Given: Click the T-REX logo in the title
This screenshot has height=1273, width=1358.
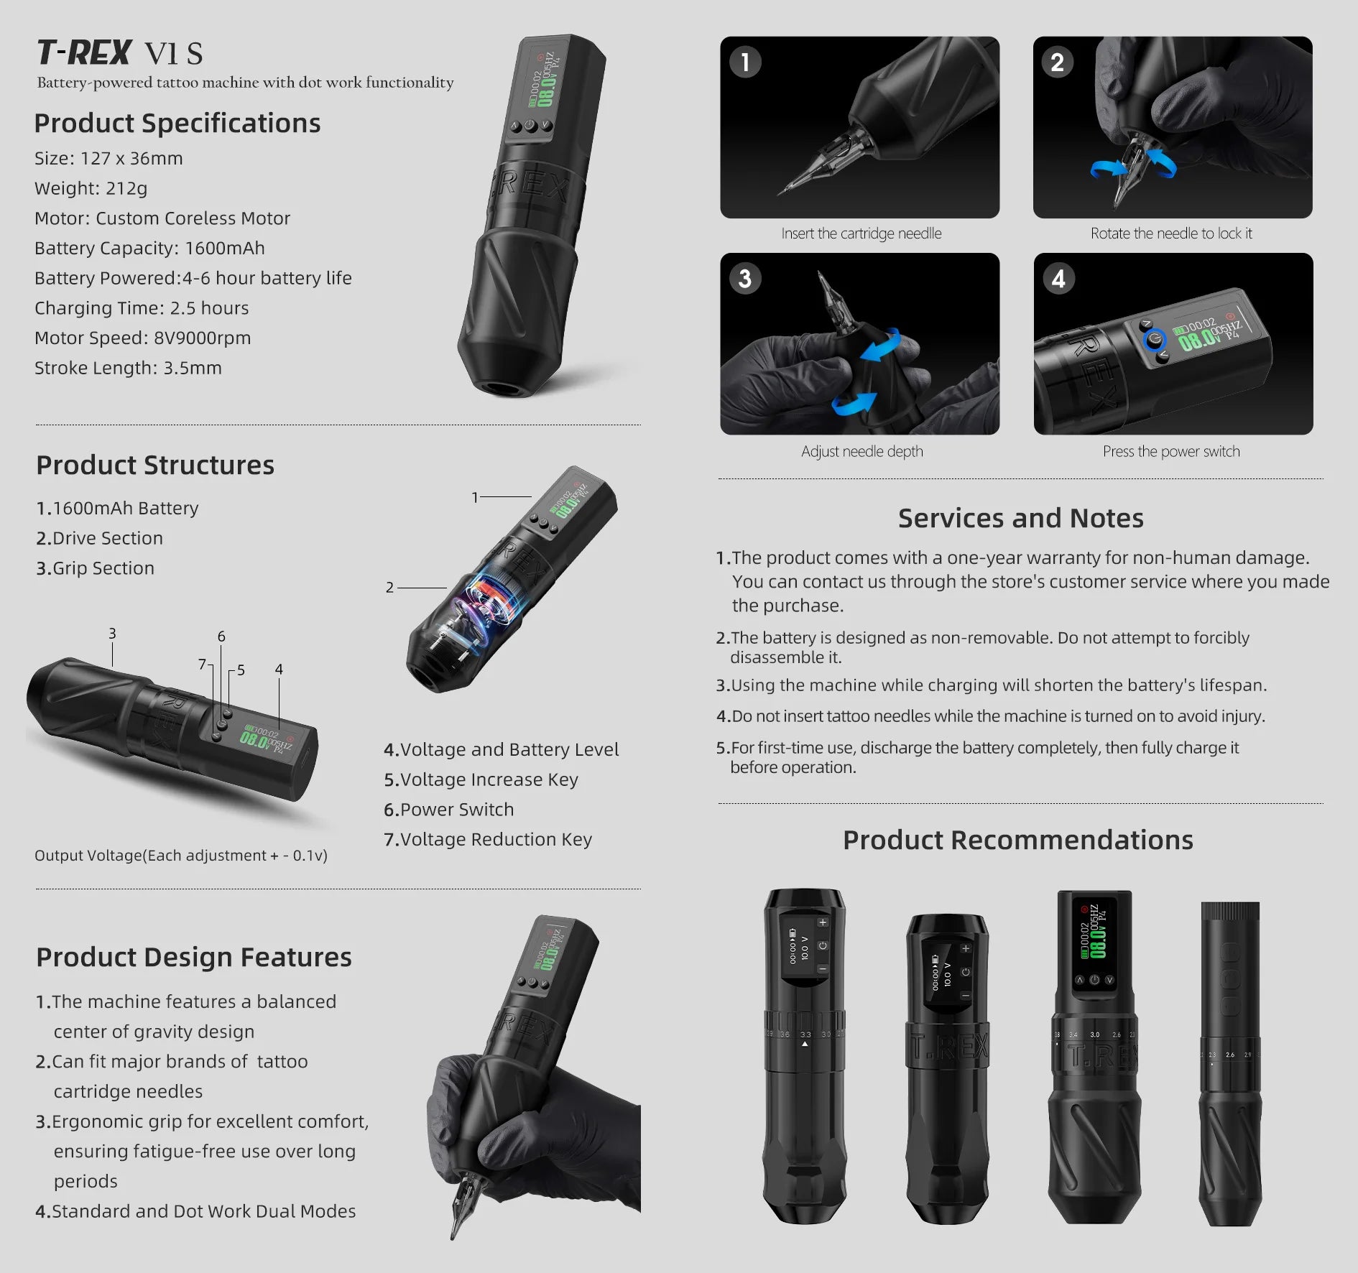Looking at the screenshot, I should pos(84,52).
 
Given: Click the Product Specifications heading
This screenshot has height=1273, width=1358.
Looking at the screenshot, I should pos(177,123).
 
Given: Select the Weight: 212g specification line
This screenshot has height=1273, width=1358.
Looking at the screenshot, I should pos(91,188).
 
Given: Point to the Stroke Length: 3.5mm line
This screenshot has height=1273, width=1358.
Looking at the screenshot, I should pos(128,368).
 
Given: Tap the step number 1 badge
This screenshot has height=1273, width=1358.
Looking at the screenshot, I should pos(745,62).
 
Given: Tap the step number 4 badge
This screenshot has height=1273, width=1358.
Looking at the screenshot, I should pos(1058,279).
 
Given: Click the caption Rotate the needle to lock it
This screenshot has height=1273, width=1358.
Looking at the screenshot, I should pos(1171,233).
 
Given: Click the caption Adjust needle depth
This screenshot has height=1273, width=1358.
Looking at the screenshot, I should pos(862,451).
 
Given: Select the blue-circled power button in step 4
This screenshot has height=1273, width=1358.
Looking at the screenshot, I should pos(1155,339).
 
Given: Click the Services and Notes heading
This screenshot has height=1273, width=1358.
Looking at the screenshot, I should pos(1020,518).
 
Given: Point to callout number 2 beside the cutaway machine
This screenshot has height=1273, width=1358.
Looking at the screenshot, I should pos(389,588).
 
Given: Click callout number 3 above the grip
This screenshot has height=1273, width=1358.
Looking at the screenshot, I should pos(112,634).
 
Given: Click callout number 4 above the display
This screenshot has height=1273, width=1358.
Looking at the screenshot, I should pos(279,670).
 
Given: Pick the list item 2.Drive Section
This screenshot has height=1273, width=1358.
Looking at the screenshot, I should pos(99,538).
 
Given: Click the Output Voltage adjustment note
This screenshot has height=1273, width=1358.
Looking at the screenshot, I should pos(180,855).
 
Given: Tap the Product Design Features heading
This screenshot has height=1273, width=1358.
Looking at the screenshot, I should pos(194,957).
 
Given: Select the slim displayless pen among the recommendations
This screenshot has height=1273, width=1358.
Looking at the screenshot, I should pos(1229,1063).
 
